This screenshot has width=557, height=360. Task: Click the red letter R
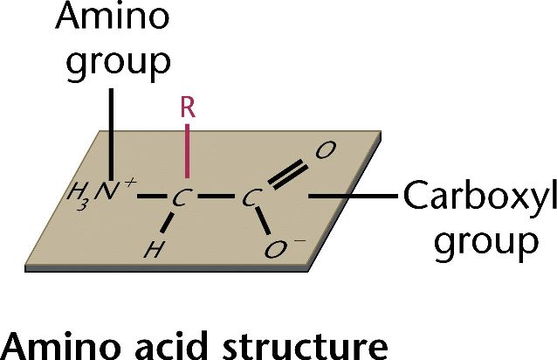185,107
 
